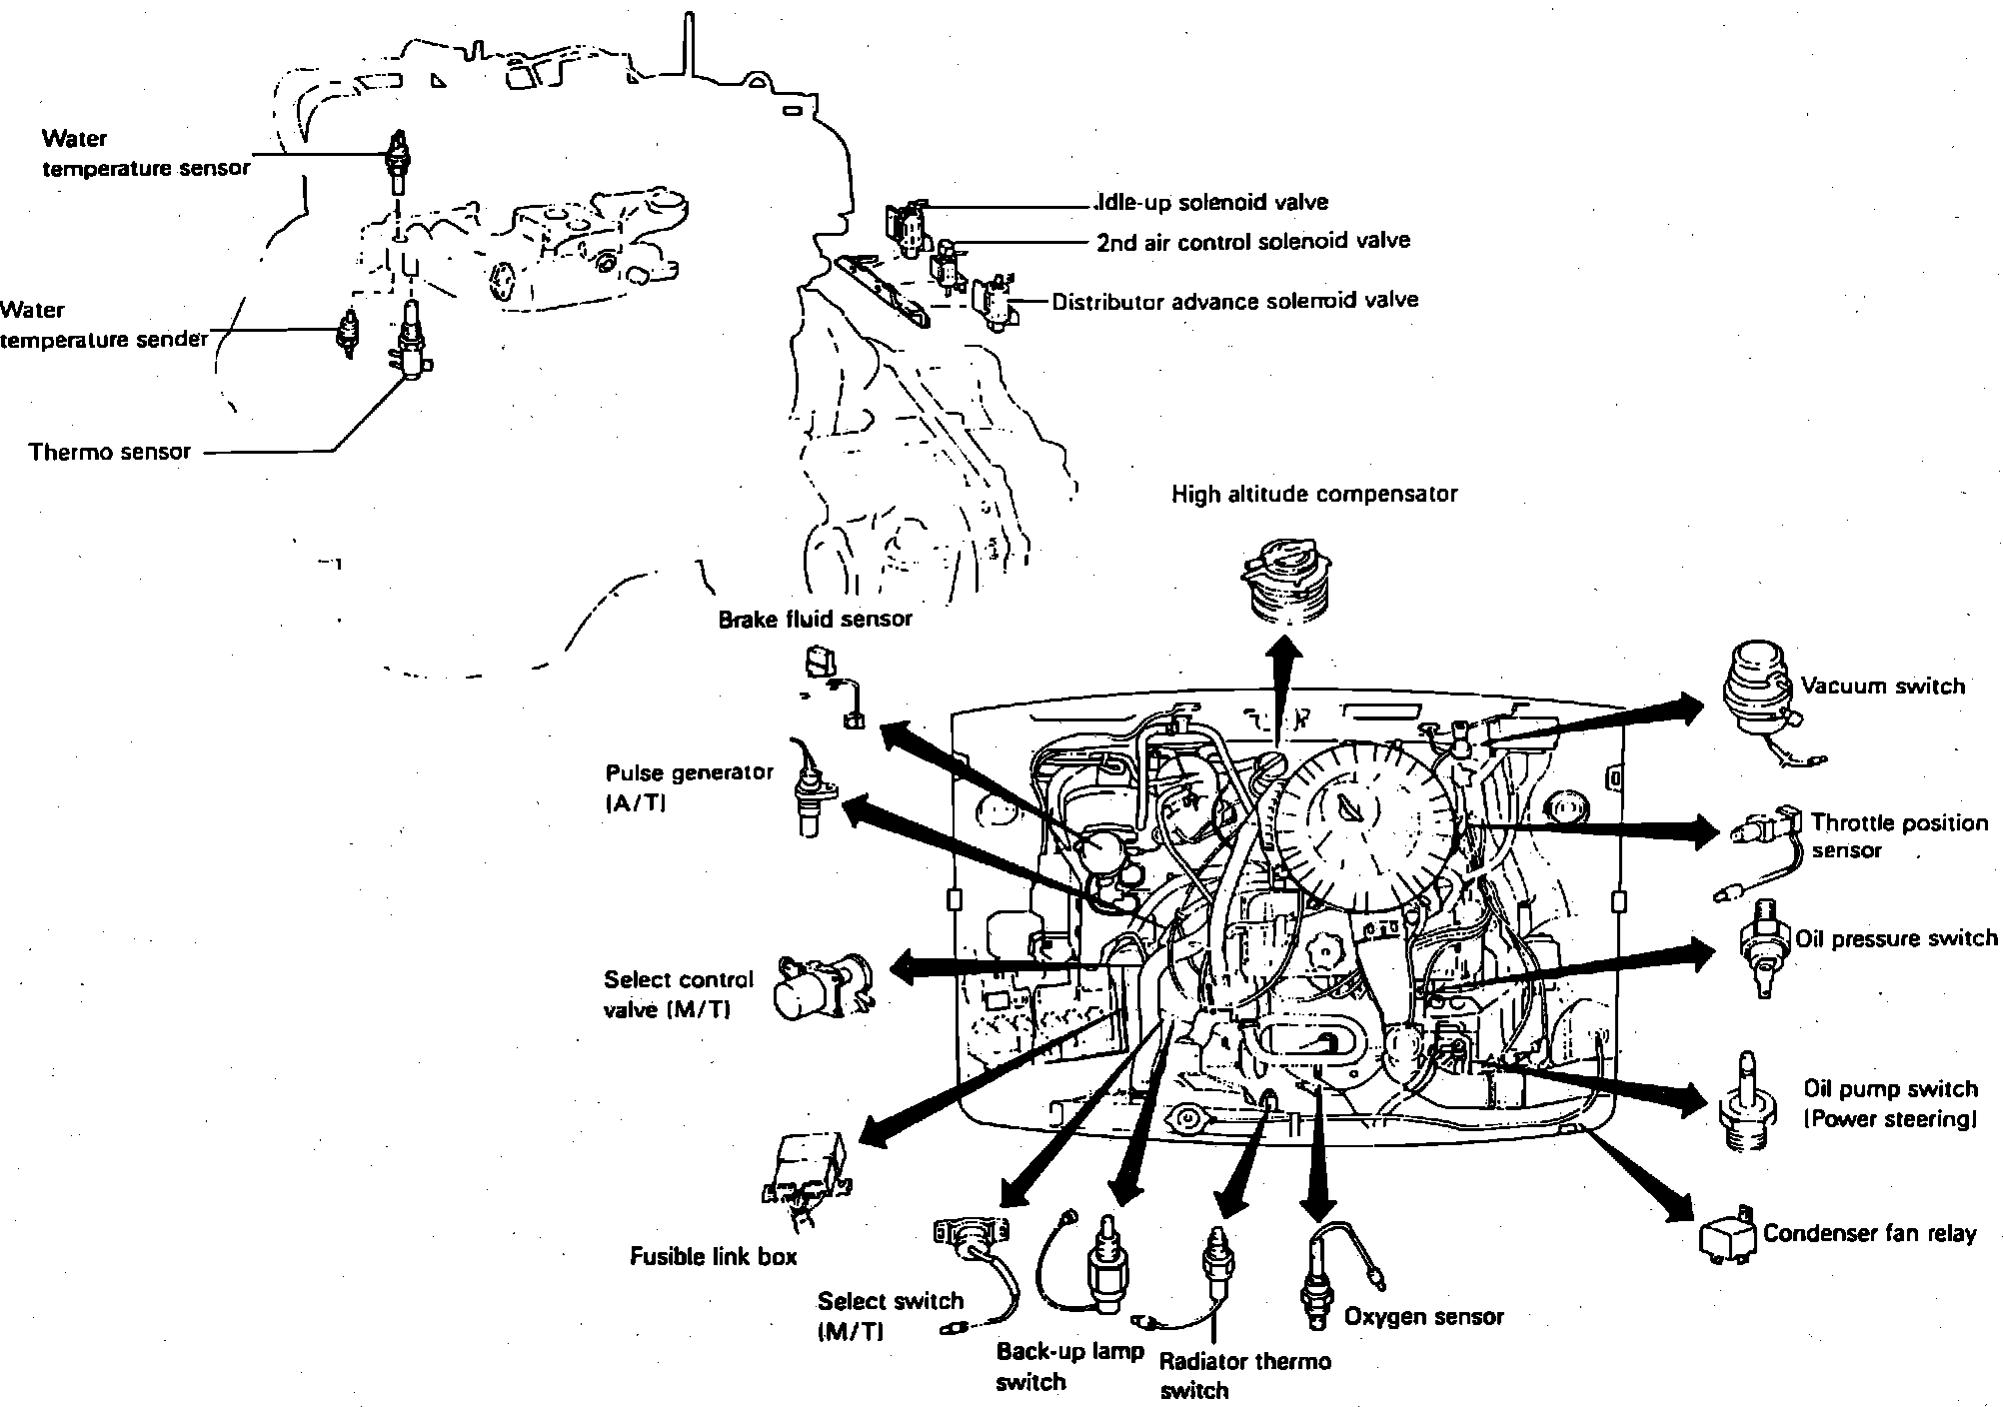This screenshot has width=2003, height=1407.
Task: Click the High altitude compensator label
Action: tap(1313, 494)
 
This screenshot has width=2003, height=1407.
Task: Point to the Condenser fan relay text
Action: tap(1869, 1233)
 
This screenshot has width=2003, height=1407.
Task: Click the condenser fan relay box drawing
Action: tap(1728, 1237)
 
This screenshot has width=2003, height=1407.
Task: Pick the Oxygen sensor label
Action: tap(1423, 1317)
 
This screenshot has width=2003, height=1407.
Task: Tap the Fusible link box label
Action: tap(713, 1256)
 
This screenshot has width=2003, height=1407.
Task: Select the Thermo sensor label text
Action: tap(109, 452)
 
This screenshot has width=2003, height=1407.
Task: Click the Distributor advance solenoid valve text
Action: tap(1234, 301)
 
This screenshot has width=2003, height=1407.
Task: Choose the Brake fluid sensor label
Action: tap(815, 620)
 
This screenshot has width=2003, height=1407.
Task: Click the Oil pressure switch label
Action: tap(1895, 939)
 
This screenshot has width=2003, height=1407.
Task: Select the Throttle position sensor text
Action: tap(1899, 836)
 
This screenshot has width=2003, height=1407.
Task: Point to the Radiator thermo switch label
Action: tap(1244, 1375)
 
